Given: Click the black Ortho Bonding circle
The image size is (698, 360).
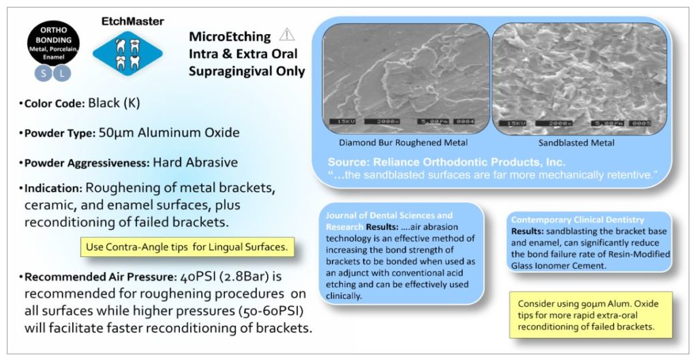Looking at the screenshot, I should (x=53, y=42).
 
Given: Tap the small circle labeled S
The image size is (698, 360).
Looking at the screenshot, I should (x=42, y=73).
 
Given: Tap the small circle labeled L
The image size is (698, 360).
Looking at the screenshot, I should (x=63, y=73).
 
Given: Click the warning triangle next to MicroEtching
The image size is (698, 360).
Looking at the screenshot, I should (x=286, y=35).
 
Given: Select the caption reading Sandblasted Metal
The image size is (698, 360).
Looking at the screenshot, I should (x=576, y=143).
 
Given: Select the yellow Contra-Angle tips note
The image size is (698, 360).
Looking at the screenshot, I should (x=187, y=246).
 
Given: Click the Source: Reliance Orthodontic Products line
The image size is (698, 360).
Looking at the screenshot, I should (x=446, y=162).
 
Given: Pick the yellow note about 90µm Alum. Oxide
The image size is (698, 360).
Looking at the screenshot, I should (x=590, y=314).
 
